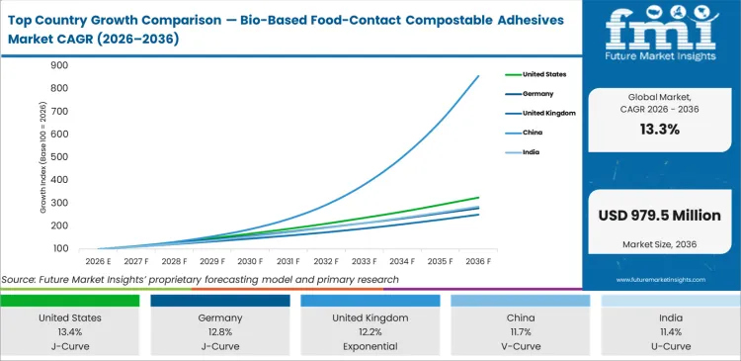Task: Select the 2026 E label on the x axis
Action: coord(97,261)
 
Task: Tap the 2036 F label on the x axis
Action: coord(477,261)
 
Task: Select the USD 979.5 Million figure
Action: coord(659,216)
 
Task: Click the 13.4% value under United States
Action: coord(74,333)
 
